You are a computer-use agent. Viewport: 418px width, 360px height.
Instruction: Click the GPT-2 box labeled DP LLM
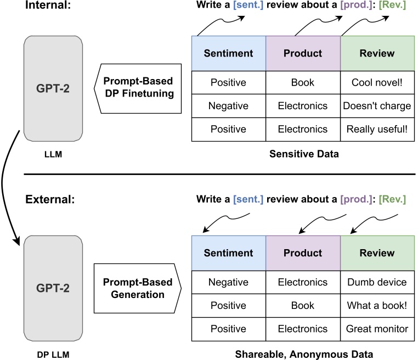pos(53,287)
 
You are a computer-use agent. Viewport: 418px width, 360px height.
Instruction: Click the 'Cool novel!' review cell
pos(376,82)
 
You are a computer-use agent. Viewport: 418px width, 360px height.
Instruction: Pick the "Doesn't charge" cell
pos(376,106)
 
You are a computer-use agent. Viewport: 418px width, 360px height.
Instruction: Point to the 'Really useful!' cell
pos(376,129)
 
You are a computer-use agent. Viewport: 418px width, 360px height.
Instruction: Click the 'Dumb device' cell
pos(376,282)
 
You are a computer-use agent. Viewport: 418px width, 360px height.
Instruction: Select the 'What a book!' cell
pos(376,305)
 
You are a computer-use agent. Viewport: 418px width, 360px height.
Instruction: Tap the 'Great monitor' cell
pos(376,329)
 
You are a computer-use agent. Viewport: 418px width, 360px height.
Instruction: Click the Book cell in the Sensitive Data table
pos(303,82)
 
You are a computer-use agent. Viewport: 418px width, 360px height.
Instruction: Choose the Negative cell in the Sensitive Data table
pos(229,106)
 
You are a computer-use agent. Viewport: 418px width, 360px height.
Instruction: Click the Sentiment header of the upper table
pos(229,53)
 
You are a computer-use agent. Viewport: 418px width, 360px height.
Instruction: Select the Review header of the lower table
pos(376,253)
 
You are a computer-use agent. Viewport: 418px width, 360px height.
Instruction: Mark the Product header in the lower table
pos(303,253)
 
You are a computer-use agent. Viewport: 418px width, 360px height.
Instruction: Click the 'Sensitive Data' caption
pos(304,154)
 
